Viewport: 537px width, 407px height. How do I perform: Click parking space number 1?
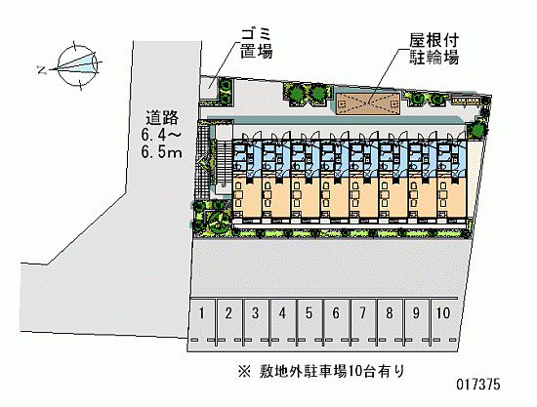tap(202, 320)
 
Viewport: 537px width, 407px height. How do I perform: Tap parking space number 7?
tap(363, 320)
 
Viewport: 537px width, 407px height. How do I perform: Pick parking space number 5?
tap(310, 320)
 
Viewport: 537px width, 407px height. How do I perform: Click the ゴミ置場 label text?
tap(256, 44)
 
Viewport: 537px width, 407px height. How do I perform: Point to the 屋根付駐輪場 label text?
tap(434, 49)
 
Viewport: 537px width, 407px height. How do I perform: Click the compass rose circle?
tap(76, 65)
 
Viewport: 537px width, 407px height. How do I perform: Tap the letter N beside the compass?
tap(42, 70)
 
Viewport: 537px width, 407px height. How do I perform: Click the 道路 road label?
tap(162, 118)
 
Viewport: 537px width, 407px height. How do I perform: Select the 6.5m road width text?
tap(162, 152)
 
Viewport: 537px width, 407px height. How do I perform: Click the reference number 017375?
tap(478, 385)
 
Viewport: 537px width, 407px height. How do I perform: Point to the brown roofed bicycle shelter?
tap(368, 102)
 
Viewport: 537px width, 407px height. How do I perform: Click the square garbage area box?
tap(208, 88)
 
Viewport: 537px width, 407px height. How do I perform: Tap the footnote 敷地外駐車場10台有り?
tap(332, 371)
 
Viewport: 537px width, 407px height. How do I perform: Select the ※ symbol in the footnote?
tap(244, 372)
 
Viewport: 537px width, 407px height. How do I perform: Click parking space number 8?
tap(390, 320)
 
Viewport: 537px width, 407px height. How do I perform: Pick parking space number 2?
tap(228, 320)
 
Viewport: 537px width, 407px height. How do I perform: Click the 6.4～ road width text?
tap(161, 135)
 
